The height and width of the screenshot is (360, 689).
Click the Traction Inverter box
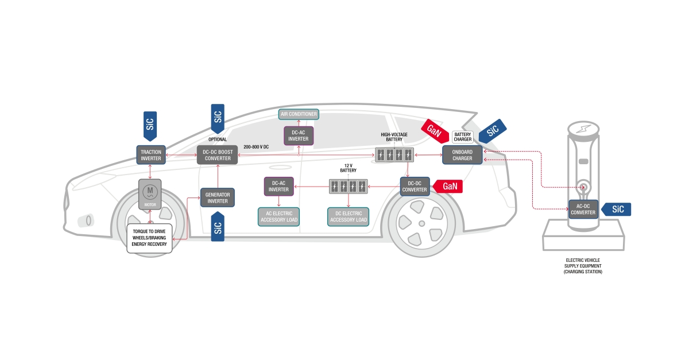click(152, 155)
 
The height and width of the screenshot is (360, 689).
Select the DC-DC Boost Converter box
click(218, 155)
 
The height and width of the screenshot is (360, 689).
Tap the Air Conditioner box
click(299, 114)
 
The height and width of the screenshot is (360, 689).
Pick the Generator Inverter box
click(218, 198)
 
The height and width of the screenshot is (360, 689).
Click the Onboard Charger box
click(462, 155)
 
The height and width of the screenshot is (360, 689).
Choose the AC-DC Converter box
click(583, 209)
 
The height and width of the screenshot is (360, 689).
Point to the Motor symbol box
click(150, 193)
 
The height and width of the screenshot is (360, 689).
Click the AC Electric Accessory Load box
click(278, 216)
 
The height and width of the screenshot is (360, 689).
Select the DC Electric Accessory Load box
click(349, 216)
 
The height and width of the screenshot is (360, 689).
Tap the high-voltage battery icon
click(394, 154)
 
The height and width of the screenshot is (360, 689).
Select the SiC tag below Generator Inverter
click(218, 227)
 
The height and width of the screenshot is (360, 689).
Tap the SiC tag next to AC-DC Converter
click(616, 209)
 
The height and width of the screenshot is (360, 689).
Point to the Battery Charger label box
click(463, 137)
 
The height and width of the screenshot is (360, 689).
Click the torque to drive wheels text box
click(149, 238)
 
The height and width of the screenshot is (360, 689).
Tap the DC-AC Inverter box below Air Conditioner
click(299, 136)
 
